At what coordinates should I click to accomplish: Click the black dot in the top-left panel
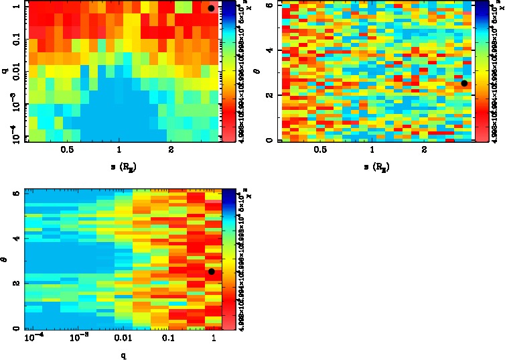pyautogui.click(x=211, y=8)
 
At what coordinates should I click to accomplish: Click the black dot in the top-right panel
pyautogui.click(x=464, y=83)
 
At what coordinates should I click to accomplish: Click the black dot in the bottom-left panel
pyautogui.click(x=212, y=272)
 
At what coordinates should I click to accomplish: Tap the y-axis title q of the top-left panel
pyautogui.click(x=5, y=70)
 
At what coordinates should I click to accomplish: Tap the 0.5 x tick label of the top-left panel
pyautogui.click(x=67, y=150)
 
